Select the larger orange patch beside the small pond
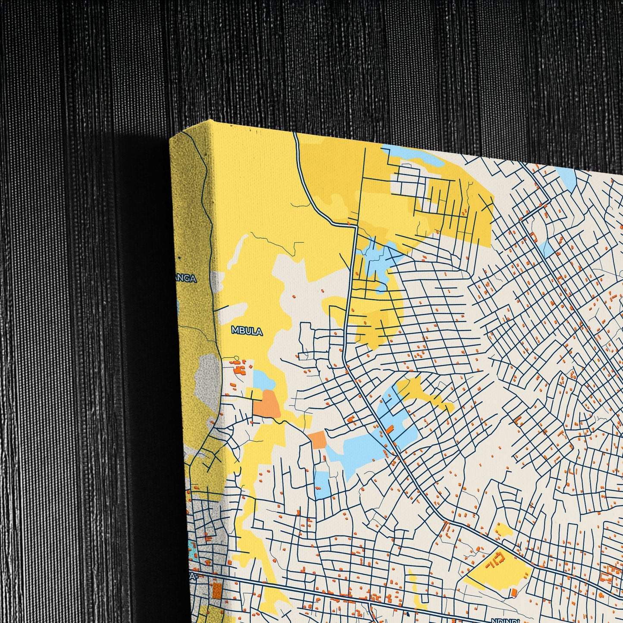(x=266, y=404)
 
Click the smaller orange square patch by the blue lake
(x=318, y=439)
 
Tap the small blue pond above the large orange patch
(x=263, y=380)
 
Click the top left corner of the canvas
(x=171, y=137)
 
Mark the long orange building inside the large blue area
(x=390, y=429)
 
